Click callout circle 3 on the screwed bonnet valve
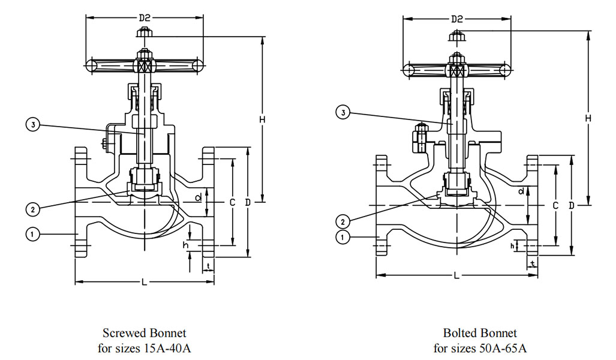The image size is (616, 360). [33, 125]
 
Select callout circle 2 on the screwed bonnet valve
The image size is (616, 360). [33, 209]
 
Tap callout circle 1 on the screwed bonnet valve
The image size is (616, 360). [33, 234]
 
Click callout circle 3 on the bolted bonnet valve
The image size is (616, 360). [342, 112]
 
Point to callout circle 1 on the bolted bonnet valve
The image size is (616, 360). [342, 238]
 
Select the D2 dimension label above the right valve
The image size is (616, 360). [457, 19]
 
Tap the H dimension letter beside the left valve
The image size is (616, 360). [262, 120]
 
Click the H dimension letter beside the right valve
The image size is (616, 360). [588, 118]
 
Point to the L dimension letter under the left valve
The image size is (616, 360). [144, 283]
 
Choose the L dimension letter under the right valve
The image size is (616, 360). [456, 276]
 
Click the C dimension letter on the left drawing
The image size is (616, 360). [232, 202]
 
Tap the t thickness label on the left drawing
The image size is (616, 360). [208, 265]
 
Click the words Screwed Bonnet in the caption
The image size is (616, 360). [144, 333]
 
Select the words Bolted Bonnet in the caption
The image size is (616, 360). [480, 333]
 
